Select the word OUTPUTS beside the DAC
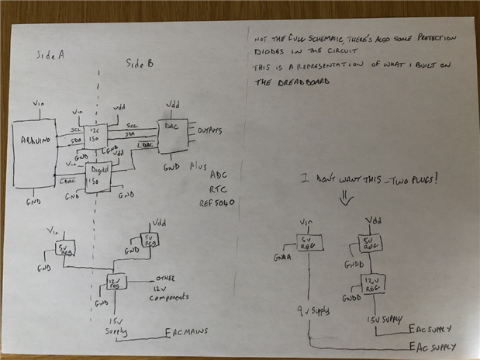point(212,130)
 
